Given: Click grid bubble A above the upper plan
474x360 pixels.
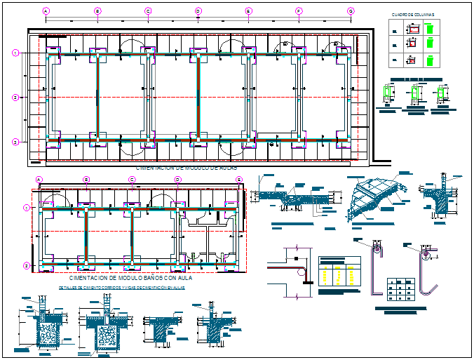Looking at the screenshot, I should click(46, 11).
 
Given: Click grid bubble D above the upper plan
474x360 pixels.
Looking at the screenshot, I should click(198, 11).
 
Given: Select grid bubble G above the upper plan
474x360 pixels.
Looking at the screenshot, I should click(351, 11).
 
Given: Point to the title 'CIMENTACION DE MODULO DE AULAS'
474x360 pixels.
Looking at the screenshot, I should click(186, 169).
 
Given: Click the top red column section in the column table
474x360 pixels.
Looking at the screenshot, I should click(413, 29).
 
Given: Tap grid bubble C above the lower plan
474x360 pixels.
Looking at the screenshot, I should click(131, 180).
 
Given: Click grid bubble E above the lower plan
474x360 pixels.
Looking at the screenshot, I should click(239, 180).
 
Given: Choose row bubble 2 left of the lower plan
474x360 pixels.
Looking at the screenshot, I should click(26, 265).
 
